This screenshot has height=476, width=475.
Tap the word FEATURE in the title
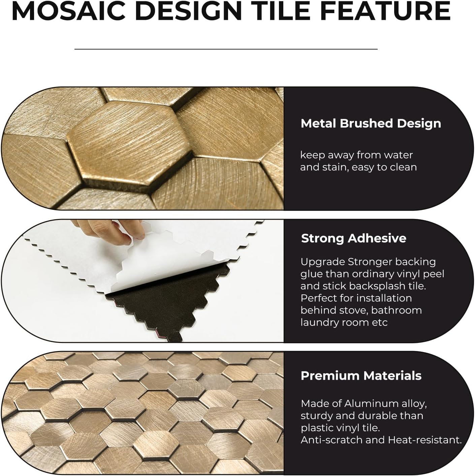coord(396,11)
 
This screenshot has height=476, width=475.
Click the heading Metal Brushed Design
coord(371,124)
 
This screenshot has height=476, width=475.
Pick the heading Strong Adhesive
coord(353,239)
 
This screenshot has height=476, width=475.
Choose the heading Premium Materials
coord(361,376)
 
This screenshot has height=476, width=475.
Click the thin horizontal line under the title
coord(226,49)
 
